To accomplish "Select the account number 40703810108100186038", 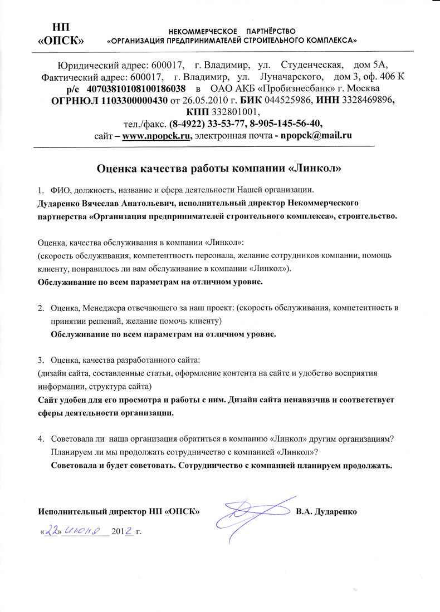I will (137, 89).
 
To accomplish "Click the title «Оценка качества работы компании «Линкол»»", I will (219, 167).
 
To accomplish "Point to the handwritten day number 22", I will (52, 531).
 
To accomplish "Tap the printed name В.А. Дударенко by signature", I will (326, 510).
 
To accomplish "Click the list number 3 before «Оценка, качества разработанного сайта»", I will (40, 360).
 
